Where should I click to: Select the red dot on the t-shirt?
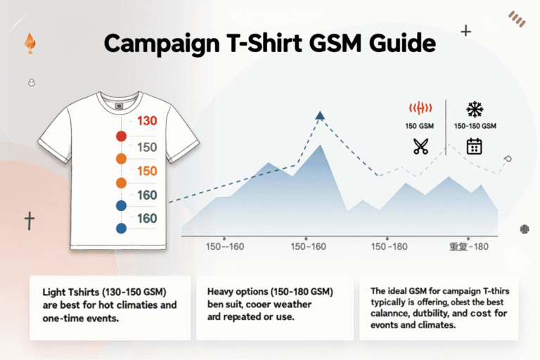pyautogui.click(x=120, y=136)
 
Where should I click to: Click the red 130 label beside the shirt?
pyautogui.click(x=147, y=121)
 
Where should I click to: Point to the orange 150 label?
pyautogui.click(x=147, y=171)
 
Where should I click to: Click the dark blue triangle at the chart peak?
pyautogui.click(x=321, y=115)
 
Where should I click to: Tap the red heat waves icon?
pyautogui.click(x=419, y=108)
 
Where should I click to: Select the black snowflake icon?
pyautogui.click(x=475, y=108)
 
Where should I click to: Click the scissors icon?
pyautogui.click(x=420, y=146)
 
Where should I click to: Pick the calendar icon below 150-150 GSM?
pyautogui.click(x=475, y=146)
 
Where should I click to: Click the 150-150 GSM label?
pyautogui.click(x=475, y=126)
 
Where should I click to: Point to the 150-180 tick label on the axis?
pyautogui.click(x=389, y=247)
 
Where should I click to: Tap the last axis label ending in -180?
pyautogui.click(x=468, y=247)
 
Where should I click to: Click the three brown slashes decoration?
pyautogui.click(x=517, y=19)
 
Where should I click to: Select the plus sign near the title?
pyautogui.click(x=465, y=31)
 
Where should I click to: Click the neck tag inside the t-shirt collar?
pyautogui.click(x=119, y=107)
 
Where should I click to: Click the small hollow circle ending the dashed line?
pyautogui.click(x=508, y=159)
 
